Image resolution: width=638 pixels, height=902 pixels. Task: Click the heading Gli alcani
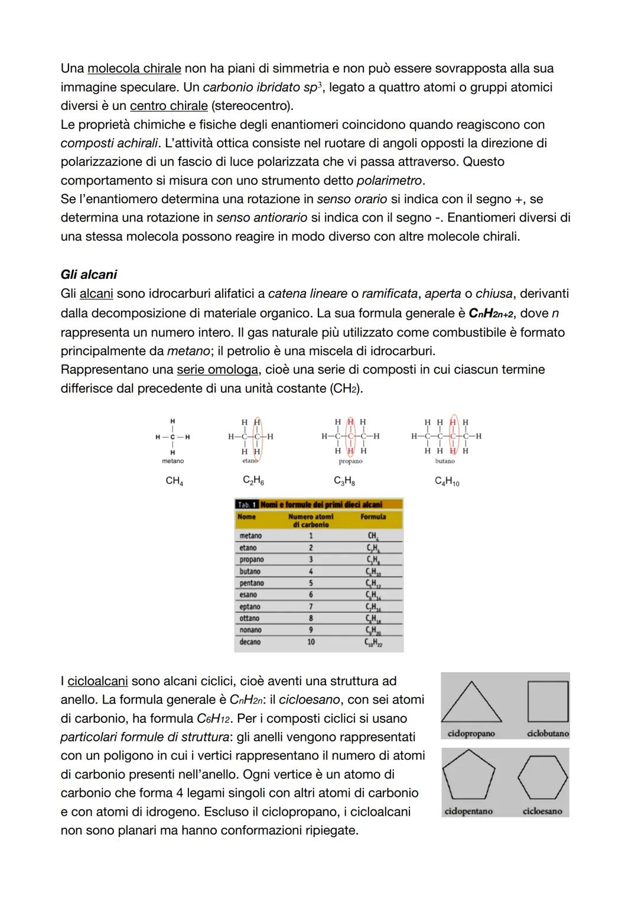[89, 274]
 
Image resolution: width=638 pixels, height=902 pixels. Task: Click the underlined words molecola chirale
[134, 69]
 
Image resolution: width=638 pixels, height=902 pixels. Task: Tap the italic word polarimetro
[390, 180]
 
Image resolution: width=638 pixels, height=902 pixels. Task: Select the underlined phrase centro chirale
[168, 106]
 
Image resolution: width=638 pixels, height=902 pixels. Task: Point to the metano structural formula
[172, 437]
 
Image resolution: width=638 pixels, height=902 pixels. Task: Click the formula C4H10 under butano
[447, 481]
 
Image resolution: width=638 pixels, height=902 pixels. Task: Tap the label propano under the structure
[350, 461]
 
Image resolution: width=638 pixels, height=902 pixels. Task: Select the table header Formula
[373, 516]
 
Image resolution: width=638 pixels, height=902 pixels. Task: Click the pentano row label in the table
[252, 583]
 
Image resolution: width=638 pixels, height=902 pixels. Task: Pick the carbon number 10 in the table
[311, 642]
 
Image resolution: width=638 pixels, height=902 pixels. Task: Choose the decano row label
[250, 642]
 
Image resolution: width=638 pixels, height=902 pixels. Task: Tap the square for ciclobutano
[547, 701]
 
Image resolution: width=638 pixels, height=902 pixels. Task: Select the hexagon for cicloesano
[542, 776]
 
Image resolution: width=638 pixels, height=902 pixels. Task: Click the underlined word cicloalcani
[97, 681]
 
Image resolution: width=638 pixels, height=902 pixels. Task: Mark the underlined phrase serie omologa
[217, 370]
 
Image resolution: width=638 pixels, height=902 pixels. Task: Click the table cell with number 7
[311, 607]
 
